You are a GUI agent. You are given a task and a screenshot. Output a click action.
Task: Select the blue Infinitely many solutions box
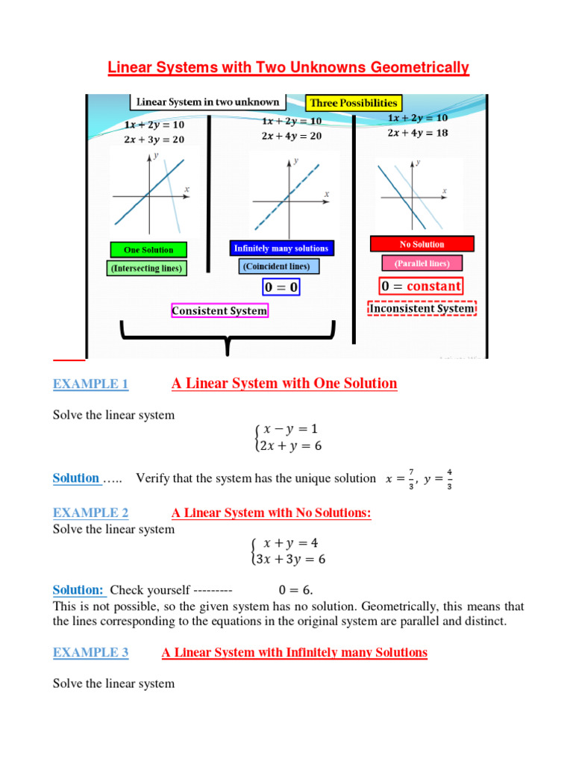[281, 248]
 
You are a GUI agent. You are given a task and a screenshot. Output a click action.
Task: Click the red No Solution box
[422, 244]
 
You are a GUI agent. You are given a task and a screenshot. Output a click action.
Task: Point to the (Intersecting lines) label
[147, 267]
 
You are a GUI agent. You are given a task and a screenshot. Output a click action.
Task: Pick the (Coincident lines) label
[280, 266]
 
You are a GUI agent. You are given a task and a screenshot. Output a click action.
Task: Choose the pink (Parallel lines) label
[422, 263]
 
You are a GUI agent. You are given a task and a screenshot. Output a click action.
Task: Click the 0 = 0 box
[281, 286]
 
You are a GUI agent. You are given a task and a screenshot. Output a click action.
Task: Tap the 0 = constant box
[421, 286]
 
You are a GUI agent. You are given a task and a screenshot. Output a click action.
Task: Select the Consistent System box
[219, 310]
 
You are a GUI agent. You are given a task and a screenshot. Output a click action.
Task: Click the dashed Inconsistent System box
[422, 308]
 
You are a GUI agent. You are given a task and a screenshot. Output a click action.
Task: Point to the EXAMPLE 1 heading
[91, 384]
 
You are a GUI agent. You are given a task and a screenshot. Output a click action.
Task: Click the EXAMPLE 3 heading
[91, 653]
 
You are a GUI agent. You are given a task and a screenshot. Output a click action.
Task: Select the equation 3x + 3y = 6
[291, 559]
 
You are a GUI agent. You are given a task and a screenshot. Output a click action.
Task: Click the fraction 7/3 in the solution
[411, 478]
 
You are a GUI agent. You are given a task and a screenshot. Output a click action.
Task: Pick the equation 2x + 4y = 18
[418, 133]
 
